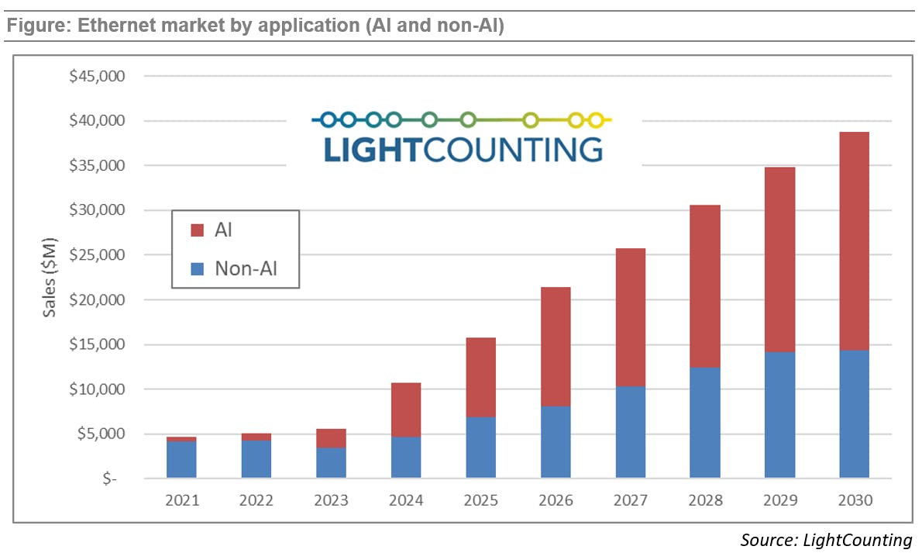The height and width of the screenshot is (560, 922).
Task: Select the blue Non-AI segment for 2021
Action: click(x=181, y=459)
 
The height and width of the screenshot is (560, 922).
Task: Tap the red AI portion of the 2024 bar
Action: click(x=406, y=410)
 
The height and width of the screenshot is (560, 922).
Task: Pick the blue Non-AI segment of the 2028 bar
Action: click(x=704, y=422)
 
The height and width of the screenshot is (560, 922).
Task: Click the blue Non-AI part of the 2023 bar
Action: click(x=331, y=462)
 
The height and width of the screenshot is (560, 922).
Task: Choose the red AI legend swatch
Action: click(x=197, y=230)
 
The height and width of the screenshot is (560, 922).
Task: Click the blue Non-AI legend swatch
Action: click(x=197, y=268)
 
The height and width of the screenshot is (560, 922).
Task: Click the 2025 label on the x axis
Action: click(x=480, y=500)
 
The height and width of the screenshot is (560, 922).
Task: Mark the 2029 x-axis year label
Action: click(x=779, y=500)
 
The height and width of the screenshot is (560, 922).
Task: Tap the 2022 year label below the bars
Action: click(x=256, y=500)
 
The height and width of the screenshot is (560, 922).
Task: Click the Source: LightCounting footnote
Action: click(x=826, y=540)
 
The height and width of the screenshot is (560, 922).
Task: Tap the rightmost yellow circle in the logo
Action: click(x=595, y=119)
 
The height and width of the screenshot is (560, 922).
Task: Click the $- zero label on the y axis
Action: click(x=109, y=479)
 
